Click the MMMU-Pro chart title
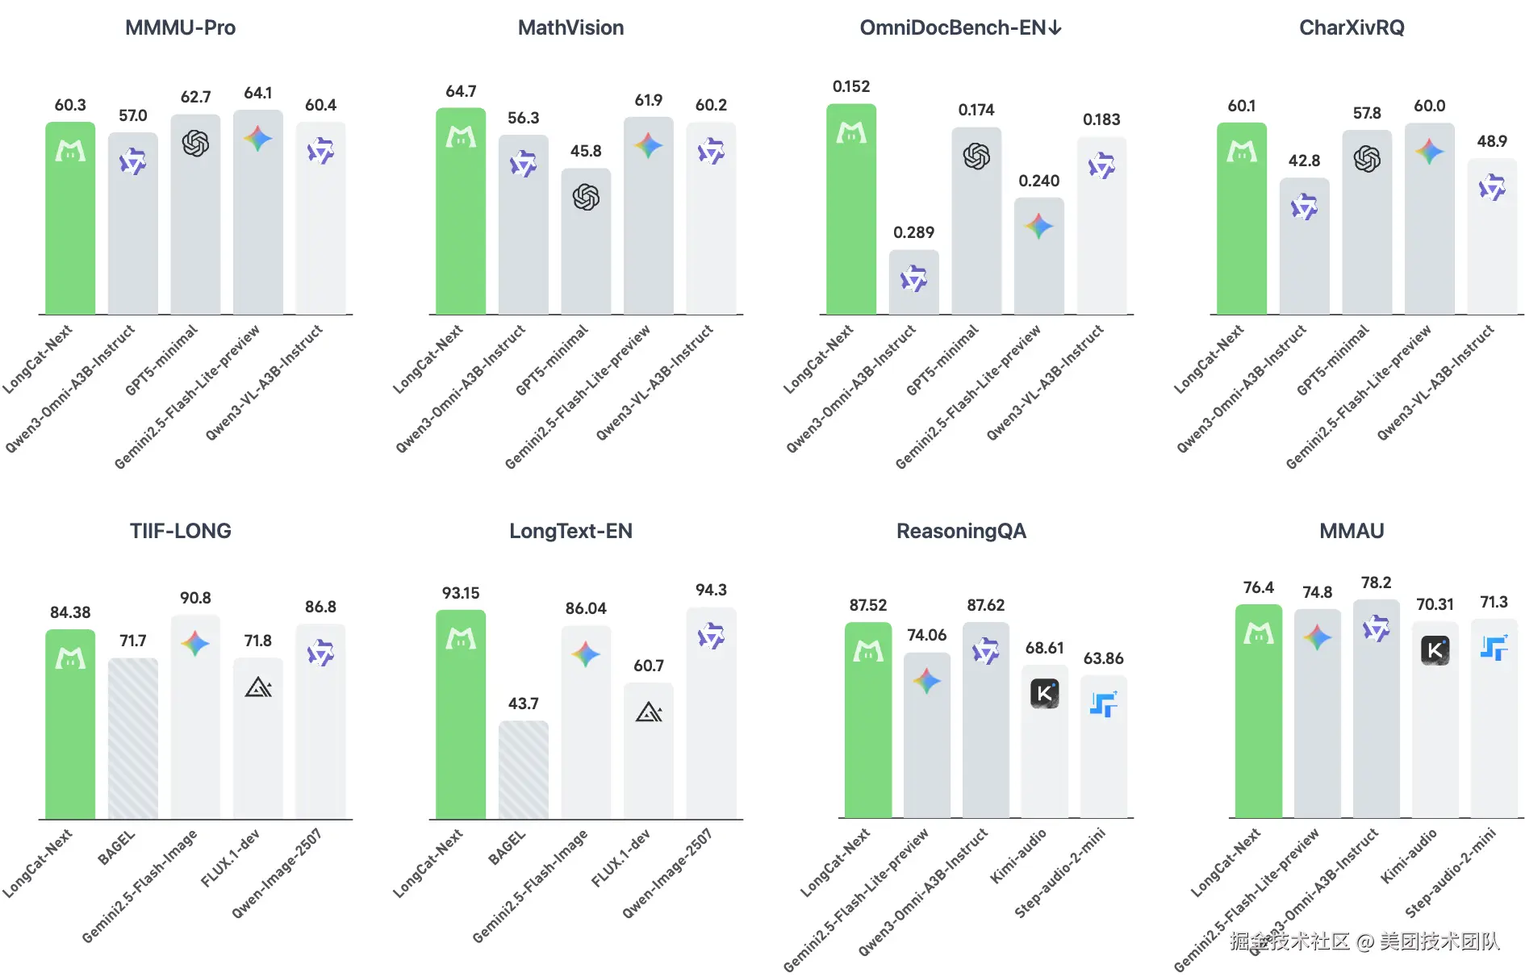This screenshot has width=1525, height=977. [180, 28]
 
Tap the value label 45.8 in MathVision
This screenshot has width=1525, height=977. [586, 151]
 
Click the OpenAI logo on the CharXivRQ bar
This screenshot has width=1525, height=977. [1367, 159]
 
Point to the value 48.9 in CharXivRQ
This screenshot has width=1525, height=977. [1492, 141]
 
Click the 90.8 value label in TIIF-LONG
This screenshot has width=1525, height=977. [195, 598]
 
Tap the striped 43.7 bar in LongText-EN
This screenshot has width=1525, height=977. [524, 770]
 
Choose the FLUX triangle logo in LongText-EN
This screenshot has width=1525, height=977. [649, 712]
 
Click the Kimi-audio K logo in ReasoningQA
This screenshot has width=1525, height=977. [1045, 693]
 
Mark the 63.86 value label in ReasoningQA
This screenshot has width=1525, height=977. [1103, 658]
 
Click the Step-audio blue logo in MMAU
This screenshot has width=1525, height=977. [1494, 648]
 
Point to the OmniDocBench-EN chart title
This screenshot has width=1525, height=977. [960, 28]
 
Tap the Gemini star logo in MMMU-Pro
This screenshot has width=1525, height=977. [258, 139]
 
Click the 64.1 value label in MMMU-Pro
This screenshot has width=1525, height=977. [258, 94]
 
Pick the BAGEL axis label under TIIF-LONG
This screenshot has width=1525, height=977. [117, 848]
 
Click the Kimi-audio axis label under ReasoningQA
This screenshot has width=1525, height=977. [1019, 855]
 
